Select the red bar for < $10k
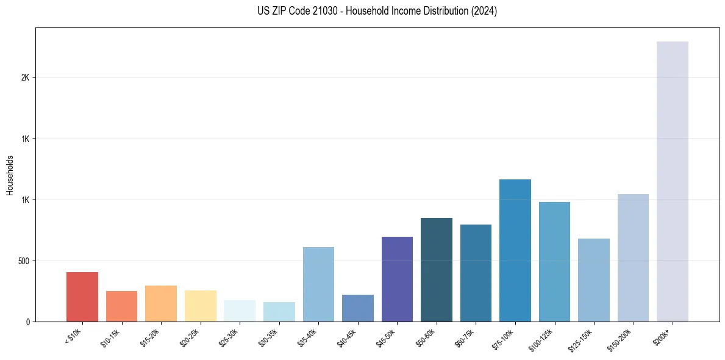point(82,297)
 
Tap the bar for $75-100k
point(515,250)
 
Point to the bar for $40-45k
point(358,308)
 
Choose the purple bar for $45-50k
point(397,279)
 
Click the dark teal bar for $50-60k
point(437,270)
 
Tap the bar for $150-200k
point(633,257)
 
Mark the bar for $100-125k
point(554,262)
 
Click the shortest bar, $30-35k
point(279,312)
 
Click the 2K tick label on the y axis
point(26,78)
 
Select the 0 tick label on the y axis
point(28,322)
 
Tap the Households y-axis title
point(10,175)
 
